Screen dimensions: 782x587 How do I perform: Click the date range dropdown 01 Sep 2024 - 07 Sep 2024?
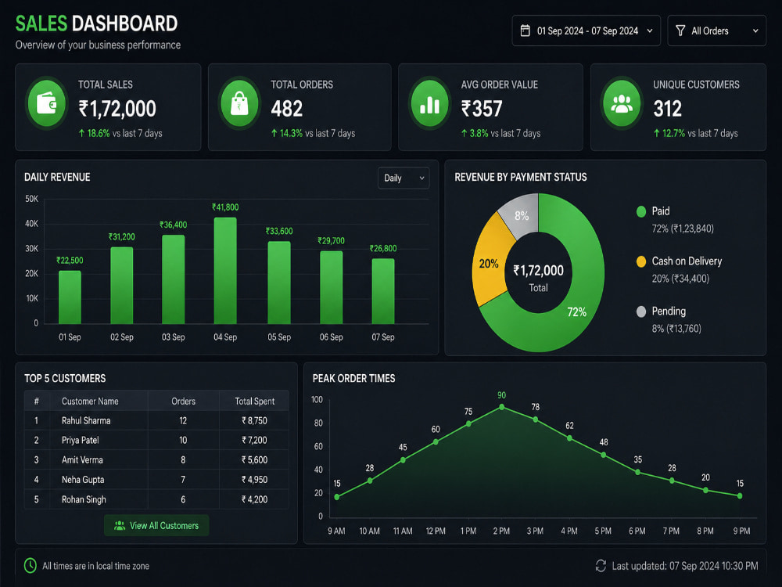pos(586,31)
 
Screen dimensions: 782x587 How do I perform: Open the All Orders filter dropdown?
pos(716,31)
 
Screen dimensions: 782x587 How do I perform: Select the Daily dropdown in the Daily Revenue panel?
pos(404,178)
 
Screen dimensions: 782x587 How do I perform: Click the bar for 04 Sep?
pos(225,271)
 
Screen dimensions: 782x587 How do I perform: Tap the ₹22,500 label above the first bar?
pos(70,260)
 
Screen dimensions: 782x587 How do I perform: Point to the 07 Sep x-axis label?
pos(383,337)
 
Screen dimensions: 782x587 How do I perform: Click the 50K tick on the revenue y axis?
pos(31,199)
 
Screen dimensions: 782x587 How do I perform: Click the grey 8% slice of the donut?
pos(522,215)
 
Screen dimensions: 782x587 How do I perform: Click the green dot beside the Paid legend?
pos(641,211)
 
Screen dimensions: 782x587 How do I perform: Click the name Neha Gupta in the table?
pos(83,480)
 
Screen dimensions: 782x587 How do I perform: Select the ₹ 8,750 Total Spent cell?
pos(254,420)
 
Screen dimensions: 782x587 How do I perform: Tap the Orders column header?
pos(184,401)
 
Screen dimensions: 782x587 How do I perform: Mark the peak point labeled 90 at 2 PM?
pos(502,407)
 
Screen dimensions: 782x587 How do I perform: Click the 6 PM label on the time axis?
pos(637,531)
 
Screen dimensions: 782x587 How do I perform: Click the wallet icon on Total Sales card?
pos(47,104)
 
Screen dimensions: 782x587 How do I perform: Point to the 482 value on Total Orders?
pos(287,108)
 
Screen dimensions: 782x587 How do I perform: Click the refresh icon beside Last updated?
pos(601,566)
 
